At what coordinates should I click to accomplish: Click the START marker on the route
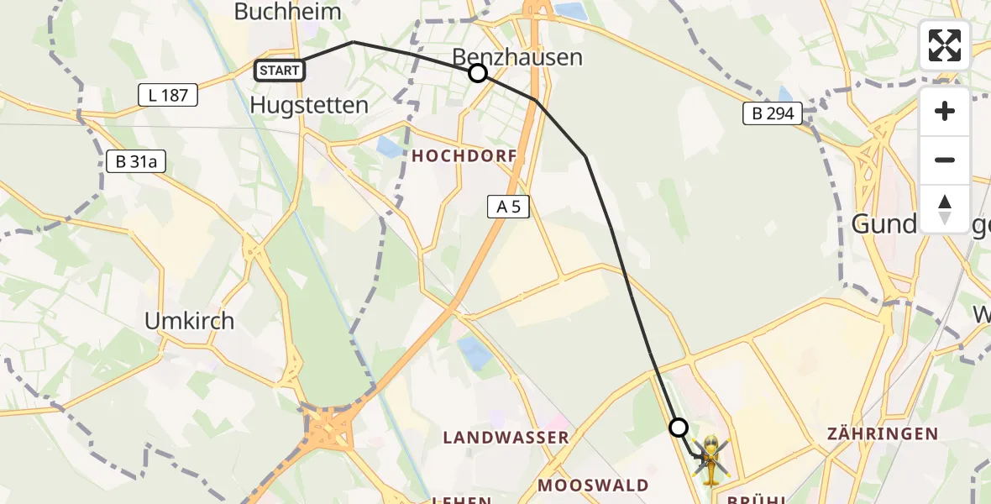pos(280,71)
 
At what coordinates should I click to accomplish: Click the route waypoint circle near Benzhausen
pos(478,73)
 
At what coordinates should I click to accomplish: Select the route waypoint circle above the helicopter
pos(679,428)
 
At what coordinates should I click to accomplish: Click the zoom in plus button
pos(945,111)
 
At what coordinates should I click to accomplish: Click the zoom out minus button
pos(945,160)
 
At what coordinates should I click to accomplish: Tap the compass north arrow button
pos(945,208)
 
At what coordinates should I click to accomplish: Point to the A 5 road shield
pos(508,206)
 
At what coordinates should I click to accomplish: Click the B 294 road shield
pos(773,113)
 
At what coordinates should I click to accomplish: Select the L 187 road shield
pos(168,95)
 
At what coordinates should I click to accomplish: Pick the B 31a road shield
pos(136,161)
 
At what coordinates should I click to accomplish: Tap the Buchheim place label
pos(288,12)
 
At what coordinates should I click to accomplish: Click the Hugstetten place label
pos(309,105)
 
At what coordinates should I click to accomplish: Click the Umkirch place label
pos(189,321)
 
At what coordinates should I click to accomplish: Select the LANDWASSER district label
pos(506,437)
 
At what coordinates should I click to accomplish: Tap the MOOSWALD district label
pos(593,485)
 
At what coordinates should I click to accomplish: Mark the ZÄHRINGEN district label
pos(882,433)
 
